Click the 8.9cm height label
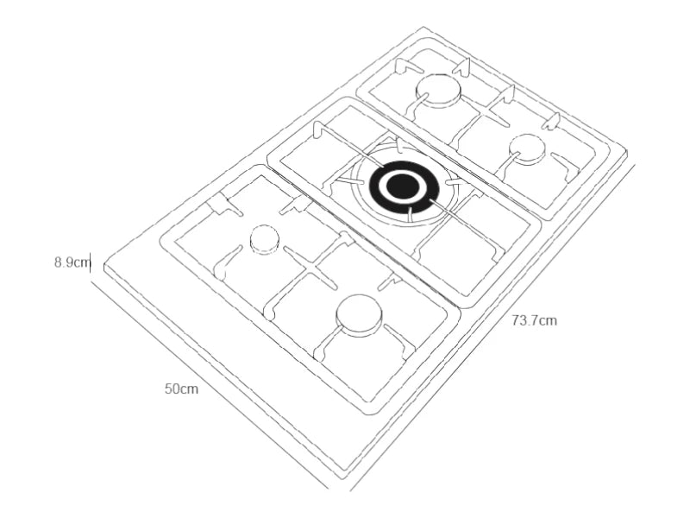(x=71, y=262)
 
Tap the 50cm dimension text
(x=182, y=388)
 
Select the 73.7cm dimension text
(x=534, y=320)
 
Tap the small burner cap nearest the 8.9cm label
(x=264, y=240)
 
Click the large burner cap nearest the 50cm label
(x=359, y=315)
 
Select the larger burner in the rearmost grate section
(x=439, y=89)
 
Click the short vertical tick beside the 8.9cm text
(x=91, y=262)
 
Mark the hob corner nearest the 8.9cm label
(x=105, y=270)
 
